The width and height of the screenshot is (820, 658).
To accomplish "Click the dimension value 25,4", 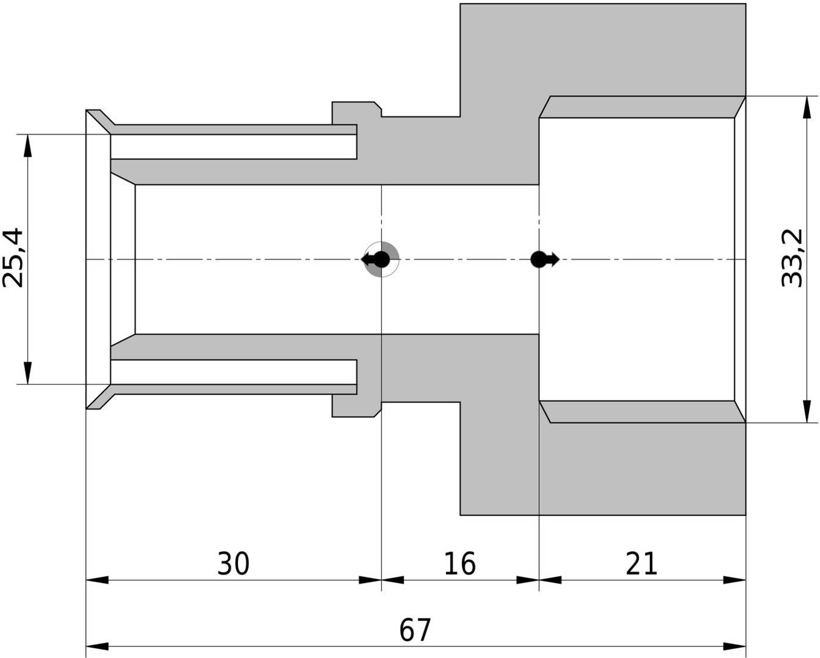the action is pyautogui.click(x=13, y=257).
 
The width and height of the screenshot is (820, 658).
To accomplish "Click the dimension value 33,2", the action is pyautogui.click(x=792, y=258).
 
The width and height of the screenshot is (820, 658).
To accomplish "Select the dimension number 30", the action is pyautogui.click(x=233, y=563).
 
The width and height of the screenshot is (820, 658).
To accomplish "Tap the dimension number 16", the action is pyautogui.click(x=460, y=563).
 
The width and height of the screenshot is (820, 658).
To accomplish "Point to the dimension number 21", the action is pyautogui.click(x=642, y=563).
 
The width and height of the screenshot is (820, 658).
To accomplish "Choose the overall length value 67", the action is pyautogui.click(x=415, y=630).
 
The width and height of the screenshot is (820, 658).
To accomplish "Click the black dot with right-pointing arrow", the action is pyautogui.click(x=545, y=259).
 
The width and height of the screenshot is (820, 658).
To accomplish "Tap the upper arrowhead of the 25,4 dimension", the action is pyautogui.click(x=28, y=146).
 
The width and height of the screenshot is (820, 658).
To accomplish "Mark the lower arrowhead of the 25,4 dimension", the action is pyautogui.click(x=28, y=373).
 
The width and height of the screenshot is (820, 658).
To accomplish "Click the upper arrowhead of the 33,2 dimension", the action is pyautogui.click(x=807, y=107).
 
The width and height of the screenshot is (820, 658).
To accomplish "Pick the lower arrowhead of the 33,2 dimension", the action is pyautogui.click(x=807, y=412).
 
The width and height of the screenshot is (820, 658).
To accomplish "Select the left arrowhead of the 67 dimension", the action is pyautogui.click(x=97, y=646).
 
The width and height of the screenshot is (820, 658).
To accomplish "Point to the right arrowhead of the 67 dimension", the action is pyautogui.click(x=735, y=646).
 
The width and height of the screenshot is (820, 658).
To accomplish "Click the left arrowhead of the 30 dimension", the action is pyautogui.click(x=97, y=581).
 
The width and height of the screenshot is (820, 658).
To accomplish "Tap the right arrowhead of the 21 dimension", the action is pyautogui.click(x=735, y=581).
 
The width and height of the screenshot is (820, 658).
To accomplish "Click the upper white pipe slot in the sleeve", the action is pyautogui.click(x=234, y=147).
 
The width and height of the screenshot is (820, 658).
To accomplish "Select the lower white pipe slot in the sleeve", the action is pyautogui.click(x=234, y=372).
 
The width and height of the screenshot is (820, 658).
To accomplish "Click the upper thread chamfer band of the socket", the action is pyautogui.click(x=642, y=107).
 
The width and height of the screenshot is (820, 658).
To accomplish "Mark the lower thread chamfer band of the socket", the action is pyautogui.click(x=642, y=412).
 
